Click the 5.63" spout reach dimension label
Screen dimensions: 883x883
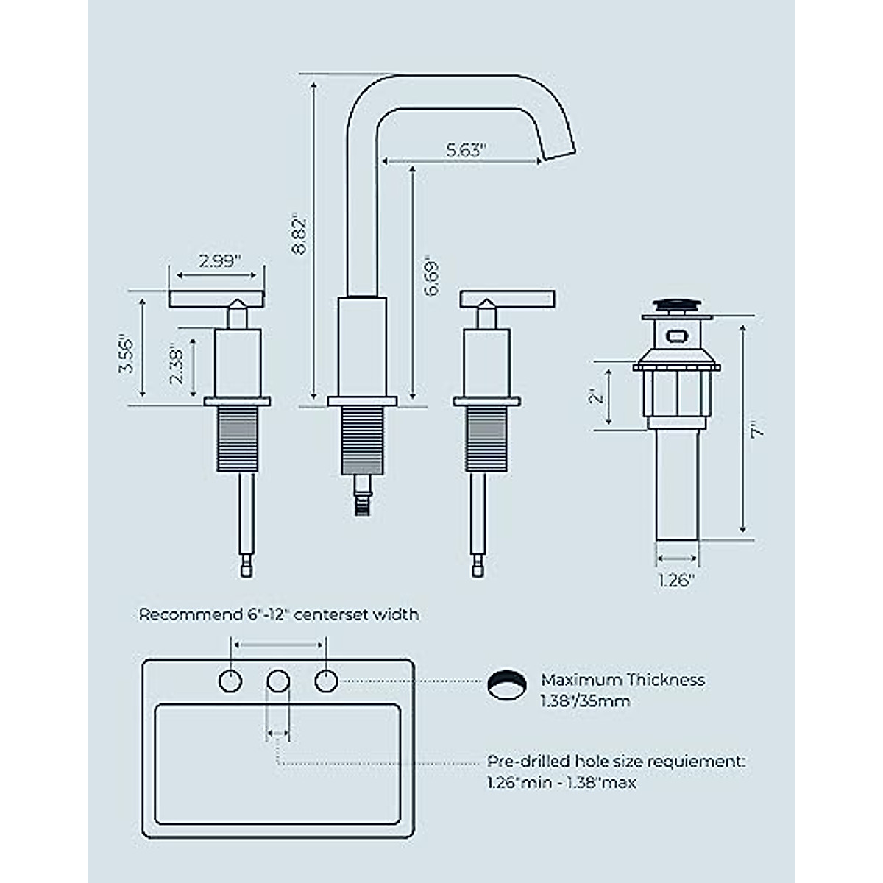coord(467,150)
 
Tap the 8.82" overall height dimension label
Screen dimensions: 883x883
coord(299,235)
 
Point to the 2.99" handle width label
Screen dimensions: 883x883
coord(219,262)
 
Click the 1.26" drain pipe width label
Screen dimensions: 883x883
coord(677,581)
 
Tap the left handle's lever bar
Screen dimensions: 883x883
coord(217,298)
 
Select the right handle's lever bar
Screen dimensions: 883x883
coord(507,298)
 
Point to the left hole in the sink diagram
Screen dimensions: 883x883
coord(231,681)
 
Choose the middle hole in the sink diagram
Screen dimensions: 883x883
coord(277,681)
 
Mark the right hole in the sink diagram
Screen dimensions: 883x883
coord(327,681)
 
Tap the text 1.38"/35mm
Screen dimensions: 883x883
coord(585,701)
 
